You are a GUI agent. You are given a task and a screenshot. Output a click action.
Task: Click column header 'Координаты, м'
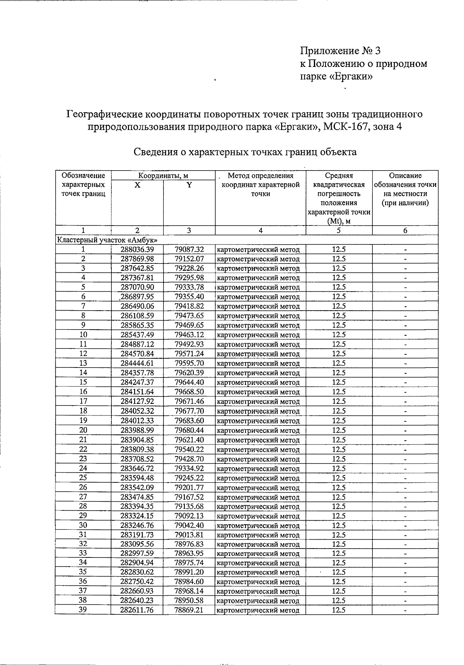(x=163, y=176)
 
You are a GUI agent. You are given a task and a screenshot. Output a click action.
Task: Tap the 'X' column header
(x=137, y=185)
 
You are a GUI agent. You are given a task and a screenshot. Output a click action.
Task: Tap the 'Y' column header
(x=189, y=185)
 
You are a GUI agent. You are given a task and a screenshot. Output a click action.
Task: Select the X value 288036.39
(x=137, y=250)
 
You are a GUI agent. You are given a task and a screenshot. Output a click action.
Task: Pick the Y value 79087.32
(x=189, y=250)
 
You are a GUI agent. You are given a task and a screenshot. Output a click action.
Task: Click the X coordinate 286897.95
(x=137, y=297)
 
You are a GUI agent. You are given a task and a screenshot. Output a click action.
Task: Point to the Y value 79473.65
(x=189, y=316)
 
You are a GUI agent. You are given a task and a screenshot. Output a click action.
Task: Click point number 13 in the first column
(x=83, y=363)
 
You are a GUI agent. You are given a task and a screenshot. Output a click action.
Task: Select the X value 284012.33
(x=137, y=421)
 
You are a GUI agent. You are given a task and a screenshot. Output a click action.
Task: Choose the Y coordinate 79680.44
(x=189, y=430)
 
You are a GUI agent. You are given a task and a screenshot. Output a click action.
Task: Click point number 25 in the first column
(x=83, y=477)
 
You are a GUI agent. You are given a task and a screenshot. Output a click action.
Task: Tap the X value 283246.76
(x=137, y=525)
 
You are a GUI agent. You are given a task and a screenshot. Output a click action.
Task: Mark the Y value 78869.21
(x=189, y=610)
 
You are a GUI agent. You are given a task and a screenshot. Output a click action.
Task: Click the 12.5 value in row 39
(x=339, y=610)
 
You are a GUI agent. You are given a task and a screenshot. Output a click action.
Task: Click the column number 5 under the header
(x=339, y=231)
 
